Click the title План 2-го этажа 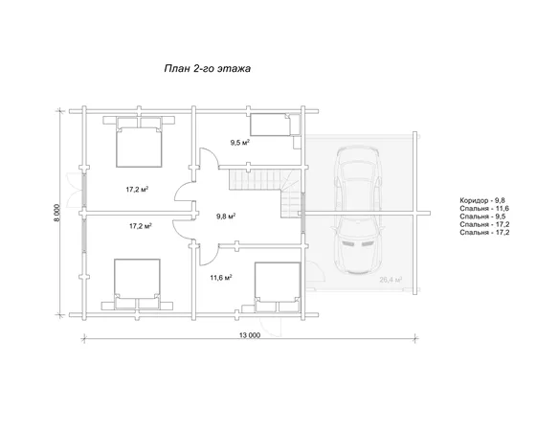pos(207,68)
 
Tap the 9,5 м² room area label pos(239,143)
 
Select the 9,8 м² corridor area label pos(226,216)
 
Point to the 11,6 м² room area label pos(221,278)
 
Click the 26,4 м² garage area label pos(391,280)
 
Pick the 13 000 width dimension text pos(250,335)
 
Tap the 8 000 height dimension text pos(57,213)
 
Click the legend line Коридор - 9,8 pos(482,200)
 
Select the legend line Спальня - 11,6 pos(484,208)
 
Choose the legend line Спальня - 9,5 pos(482,216)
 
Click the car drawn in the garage pos(358,211)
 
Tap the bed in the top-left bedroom pos(139,142)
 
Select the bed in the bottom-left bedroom pos(137,284)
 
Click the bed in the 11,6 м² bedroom pos(278,287)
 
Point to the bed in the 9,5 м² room pos(270,125)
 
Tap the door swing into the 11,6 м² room pos(210,255)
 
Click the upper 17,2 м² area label pos(137,190)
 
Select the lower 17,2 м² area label pos(141,226)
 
